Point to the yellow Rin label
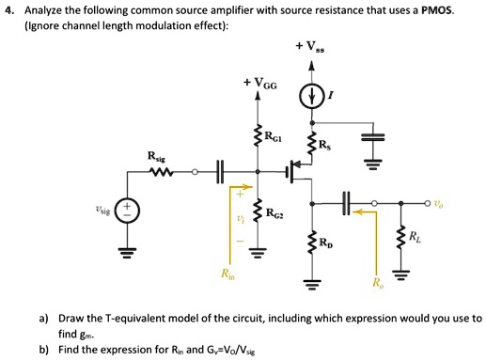coord(229,277)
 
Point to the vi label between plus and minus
coord(241,221)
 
